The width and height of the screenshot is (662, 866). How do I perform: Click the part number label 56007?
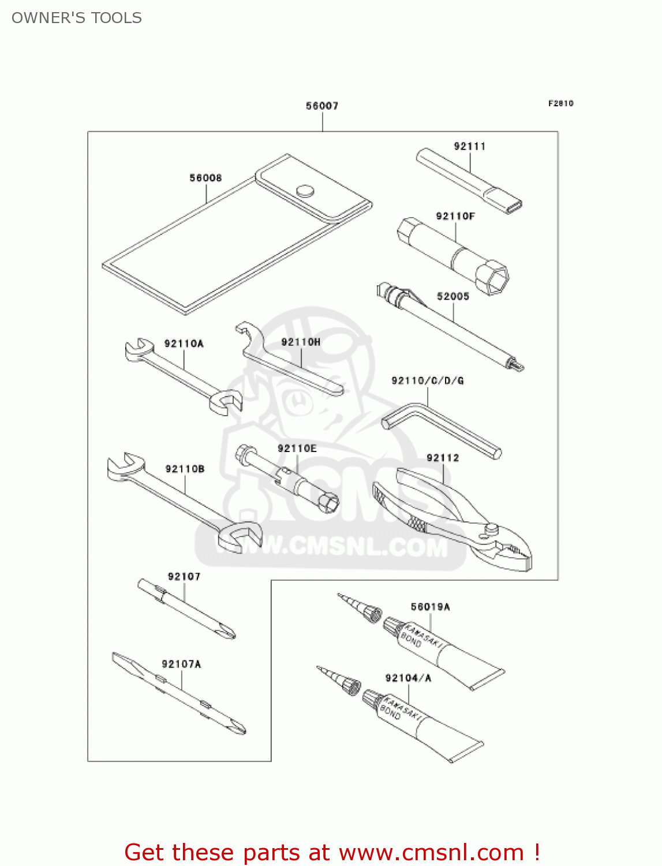point(322,106)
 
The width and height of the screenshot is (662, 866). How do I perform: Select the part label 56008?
point(205,178)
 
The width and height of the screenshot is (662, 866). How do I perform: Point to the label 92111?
point(469,146)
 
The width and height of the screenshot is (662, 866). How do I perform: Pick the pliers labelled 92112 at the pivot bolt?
point(491,528)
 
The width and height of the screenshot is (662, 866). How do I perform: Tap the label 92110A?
point(184,344)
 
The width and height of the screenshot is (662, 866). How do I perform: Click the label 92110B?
point(185,469)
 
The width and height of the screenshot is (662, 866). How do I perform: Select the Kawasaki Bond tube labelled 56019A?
point(444,653)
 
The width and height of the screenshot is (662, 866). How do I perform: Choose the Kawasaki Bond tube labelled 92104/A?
point(424,725)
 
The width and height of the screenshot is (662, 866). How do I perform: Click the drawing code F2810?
point(560,103)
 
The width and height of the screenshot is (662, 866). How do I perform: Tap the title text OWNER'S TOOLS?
point(77,18)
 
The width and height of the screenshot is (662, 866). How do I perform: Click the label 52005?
point(452,296)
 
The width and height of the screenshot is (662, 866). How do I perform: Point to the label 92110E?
point(297,449)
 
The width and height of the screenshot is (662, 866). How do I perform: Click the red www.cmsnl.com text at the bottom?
point(431,853)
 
